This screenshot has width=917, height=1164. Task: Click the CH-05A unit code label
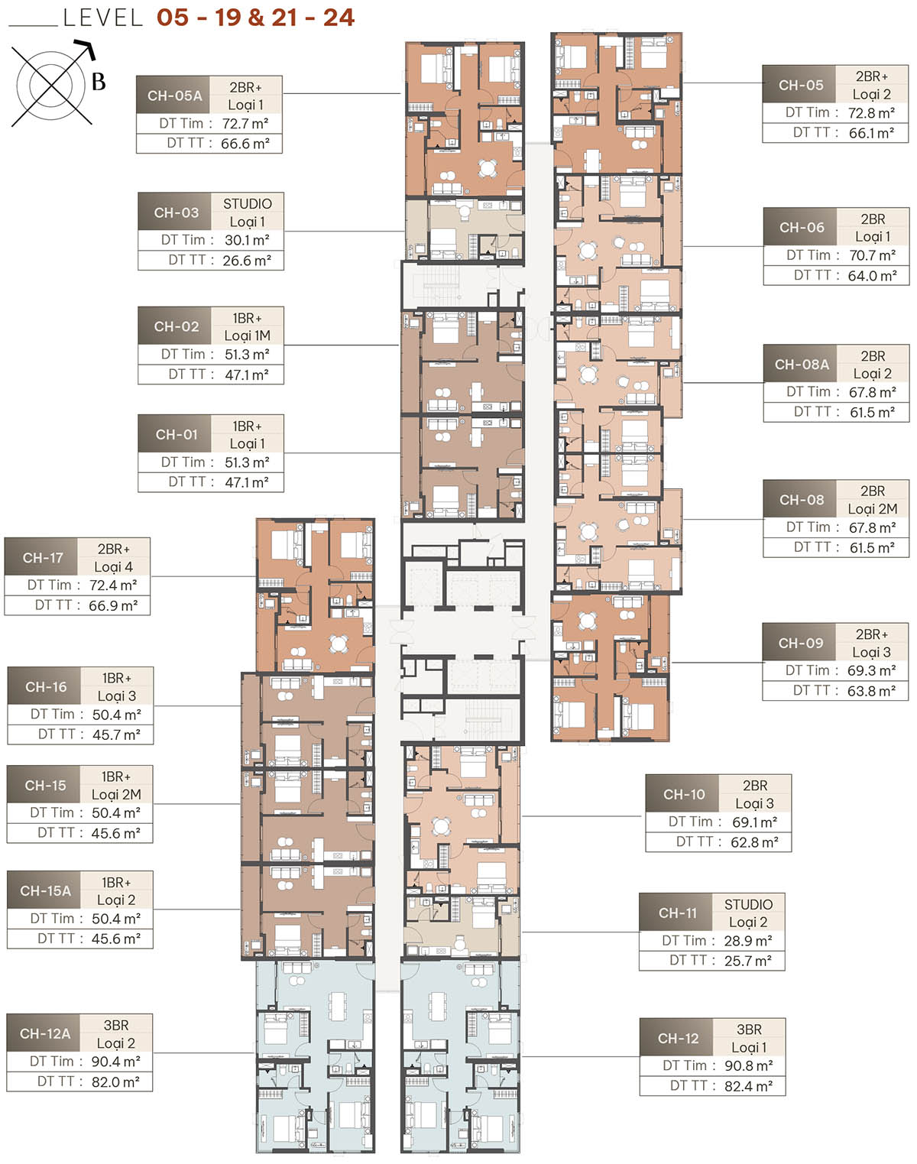pos(174,96)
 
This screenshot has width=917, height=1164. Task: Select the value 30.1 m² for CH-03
pos(247,240)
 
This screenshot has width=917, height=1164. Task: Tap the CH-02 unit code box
pos(176,326)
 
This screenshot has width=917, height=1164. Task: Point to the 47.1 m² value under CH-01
pos(246,482)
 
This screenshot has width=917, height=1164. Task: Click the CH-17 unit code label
pos(43,558)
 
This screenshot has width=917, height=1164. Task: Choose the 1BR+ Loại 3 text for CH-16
pos(116,687)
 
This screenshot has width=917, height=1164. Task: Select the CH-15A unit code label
pos(45,891)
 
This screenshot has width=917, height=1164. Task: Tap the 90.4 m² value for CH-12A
pos(115,1062)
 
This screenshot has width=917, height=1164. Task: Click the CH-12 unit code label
pos(678,1039)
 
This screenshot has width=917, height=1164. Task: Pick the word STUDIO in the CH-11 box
pos(748,905)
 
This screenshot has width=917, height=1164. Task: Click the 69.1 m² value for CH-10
pos(754,822)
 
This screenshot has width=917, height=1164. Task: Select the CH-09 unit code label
pos(800,644)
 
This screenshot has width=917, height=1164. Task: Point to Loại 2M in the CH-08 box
pos(872,509)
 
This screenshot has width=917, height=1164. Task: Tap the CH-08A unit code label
pos(801,365)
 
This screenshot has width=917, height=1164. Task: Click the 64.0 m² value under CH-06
pos(872,276)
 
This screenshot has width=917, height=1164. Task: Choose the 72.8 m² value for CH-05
pos(871,113)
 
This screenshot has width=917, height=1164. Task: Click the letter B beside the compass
pos(99,82)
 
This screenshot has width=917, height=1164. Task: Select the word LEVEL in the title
pos(103,18)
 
